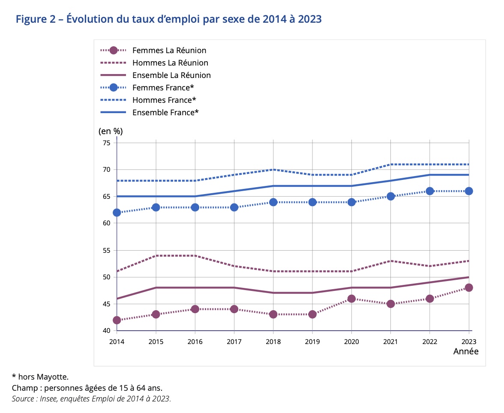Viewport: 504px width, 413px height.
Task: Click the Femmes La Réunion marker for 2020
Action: click(x=351, y=299)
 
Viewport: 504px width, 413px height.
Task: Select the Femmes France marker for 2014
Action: click(x=117, y=212)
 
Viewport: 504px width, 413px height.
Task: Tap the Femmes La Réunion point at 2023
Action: click(x=469, y=288)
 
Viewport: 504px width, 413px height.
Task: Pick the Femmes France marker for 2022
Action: click(x=430, y=191)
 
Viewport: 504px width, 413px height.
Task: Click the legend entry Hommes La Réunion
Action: click(x=170, y=63)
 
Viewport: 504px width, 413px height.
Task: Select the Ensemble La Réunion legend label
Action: click(x=171, y=75)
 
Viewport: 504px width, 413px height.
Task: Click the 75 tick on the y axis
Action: click(x=107, y=143)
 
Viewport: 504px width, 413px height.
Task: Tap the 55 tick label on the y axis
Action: click(x=107, y=250)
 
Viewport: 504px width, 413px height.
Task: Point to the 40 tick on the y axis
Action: click(x=107, y=331)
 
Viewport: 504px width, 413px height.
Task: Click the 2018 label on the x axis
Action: click(x=273, y=341)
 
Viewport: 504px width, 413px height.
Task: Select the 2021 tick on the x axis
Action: click(x=390, y=341)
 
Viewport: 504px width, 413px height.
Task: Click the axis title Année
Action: click(x=465, y=351)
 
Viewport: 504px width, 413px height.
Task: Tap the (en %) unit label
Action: click(x=111, y=131)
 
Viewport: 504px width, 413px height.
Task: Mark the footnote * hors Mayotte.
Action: click(x=40, y=377)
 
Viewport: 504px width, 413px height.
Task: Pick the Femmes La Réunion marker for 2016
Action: click(x=195, y=309)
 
